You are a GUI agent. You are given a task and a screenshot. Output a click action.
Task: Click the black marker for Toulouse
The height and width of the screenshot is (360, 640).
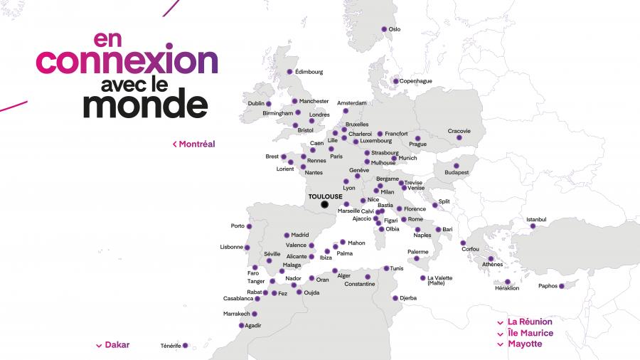coord(324,205)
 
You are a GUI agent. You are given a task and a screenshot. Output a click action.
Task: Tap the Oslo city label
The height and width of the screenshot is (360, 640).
coord(394,29)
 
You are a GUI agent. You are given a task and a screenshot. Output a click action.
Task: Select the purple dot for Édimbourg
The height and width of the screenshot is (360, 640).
coord(289,72)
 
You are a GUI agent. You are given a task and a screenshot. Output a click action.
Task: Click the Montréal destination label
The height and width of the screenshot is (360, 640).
coord(196,144)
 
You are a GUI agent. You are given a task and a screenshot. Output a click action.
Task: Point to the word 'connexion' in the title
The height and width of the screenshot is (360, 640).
coord(127,61)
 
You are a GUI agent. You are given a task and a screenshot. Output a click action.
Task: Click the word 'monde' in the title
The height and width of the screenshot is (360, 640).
coord(145,105)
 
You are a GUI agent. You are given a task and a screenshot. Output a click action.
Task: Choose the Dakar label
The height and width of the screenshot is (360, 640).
coord(117,345)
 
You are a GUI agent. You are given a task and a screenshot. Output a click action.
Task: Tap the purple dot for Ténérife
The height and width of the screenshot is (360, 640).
coord(185,346)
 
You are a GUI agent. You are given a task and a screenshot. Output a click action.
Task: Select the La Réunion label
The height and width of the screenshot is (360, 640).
coord(530,322)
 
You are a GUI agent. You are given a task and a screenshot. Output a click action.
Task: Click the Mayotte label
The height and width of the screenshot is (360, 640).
coord(525,344)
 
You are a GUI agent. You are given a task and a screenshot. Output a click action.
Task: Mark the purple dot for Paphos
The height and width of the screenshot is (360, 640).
coord(561,286)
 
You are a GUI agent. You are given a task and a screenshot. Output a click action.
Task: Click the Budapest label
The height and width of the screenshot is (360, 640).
coord(457,173)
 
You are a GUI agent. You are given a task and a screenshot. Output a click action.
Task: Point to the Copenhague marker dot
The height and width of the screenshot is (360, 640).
coord(395,81)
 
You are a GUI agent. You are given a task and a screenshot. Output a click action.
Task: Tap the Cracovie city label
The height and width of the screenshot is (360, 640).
coord(459,130)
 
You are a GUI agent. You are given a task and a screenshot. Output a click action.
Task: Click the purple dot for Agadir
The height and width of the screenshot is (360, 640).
coord(241,326)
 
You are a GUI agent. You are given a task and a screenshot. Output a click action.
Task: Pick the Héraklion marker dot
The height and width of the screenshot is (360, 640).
coord(508,282)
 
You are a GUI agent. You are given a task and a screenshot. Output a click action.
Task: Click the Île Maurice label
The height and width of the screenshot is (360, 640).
coord(530,333)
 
